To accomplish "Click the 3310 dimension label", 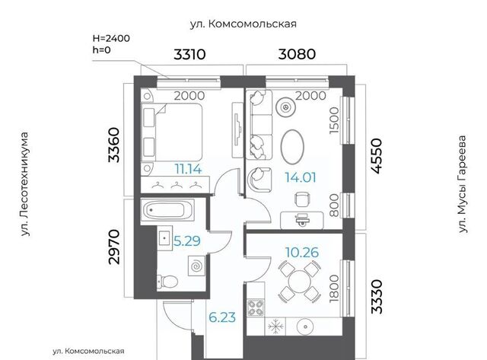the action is coord(189,54).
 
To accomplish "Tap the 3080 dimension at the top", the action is coord(297,54).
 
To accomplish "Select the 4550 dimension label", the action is coord(377,156).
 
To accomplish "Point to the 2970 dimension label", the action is coord(114,247).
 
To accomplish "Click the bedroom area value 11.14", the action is coord(188,169).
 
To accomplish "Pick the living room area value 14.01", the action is coord(301,177).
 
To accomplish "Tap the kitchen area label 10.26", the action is coord(302,253).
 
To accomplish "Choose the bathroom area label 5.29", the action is coord(186,241).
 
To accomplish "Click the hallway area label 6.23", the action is coord(222,317).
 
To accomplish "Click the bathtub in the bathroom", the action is coord(167,210).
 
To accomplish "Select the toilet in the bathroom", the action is coord(167,282).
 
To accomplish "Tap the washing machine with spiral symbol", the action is coord(196,266).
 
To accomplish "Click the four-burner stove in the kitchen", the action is coord(256,307).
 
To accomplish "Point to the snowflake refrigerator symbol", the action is coord(275,327).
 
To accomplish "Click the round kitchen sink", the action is coord(306,327).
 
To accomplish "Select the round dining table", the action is coord(299,282).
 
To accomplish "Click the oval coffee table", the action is coord(292,146).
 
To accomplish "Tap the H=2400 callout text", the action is coord(111,39).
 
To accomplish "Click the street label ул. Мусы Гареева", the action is coord(463,184).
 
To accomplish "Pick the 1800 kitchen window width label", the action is coord(334,288).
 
